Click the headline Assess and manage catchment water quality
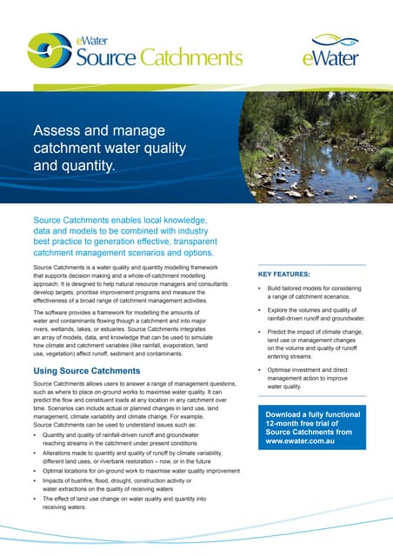tap(105, 146)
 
